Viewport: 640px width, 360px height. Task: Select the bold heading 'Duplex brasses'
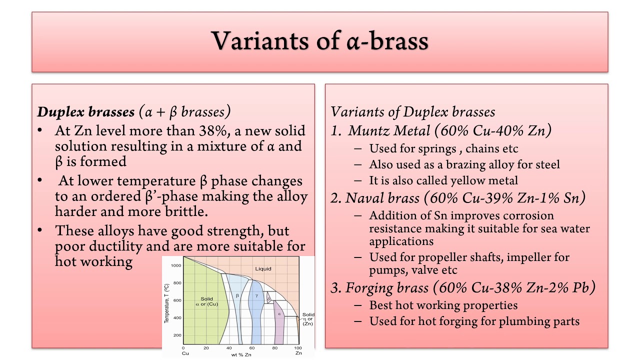(85, 111)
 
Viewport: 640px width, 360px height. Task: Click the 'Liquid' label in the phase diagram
(263, 268)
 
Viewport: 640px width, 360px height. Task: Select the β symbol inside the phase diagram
(237, 295)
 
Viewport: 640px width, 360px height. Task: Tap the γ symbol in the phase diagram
(256, 295)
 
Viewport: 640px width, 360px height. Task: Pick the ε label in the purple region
(279, 314)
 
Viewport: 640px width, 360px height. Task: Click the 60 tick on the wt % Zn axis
(252, 348)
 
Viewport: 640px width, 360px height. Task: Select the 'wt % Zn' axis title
(240, 354)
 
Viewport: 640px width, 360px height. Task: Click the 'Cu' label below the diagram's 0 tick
(184, 353)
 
